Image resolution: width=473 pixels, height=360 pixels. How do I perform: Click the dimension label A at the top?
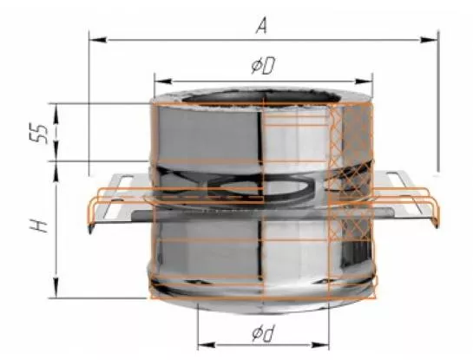click(x=261, y=25)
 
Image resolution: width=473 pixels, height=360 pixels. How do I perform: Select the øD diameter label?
click(x=263, y=66)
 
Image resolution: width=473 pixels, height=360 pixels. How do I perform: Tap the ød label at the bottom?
click(x=263, y=334)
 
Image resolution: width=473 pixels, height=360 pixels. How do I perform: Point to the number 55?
click(x=38, y=133)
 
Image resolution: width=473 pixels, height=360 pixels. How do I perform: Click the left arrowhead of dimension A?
click(x=98, y=40)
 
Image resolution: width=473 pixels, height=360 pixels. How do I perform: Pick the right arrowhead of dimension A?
click(x=430, y=40)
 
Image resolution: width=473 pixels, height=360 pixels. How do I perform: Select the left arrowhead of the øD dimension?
click(x=163, y=82)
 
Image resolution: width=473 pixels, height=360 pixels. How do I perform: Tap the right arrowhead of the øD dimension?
click(x=364, y=82)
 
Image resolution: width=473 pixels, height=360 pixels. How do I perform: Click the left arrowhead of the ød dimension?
click(x=207, y=345)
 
